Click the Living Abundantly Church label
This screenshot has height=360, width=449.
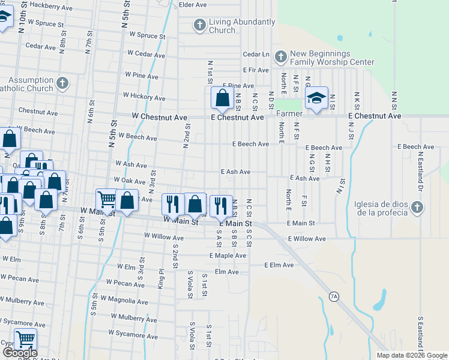[x=242, y=26]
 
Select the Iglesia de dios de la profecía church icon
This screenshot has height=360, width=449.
[x=417, y=208]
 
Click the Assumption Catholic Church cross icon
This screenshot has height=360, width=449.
[x=62, y=83]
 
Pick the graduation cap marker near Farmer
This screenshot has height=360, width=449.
[x=316, y=98]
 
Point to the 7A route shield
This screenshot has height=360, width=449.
[x=334, y=296]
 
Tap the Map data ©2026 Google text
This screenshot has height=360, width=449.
[x=411, y=355]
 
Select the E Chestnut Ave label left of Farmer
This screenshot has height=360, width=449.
[x=238, y=118]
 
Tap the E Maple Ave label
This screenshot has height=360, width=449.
[x=228, y=256]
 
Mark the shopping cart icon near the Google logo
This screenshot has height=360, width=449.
[x=25, y=339]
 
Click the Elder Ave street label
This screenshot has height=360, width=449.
[x=193, y=5]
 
